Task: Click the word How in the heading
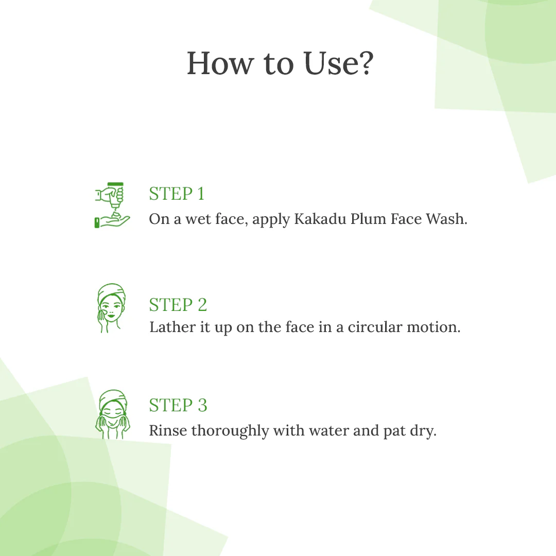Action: (x=220, y=63)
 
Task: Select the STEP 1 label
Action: (x=177, y=194)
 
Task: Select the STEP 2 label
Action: (x=178, y=305)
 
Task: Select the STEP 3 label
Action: (x=178, y=405)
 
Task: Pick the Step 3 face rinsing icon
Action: (x=112, y=414)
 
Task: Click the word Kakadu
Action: (x=319, y=219)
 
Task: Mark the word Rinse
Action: (x=168, y=430)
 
